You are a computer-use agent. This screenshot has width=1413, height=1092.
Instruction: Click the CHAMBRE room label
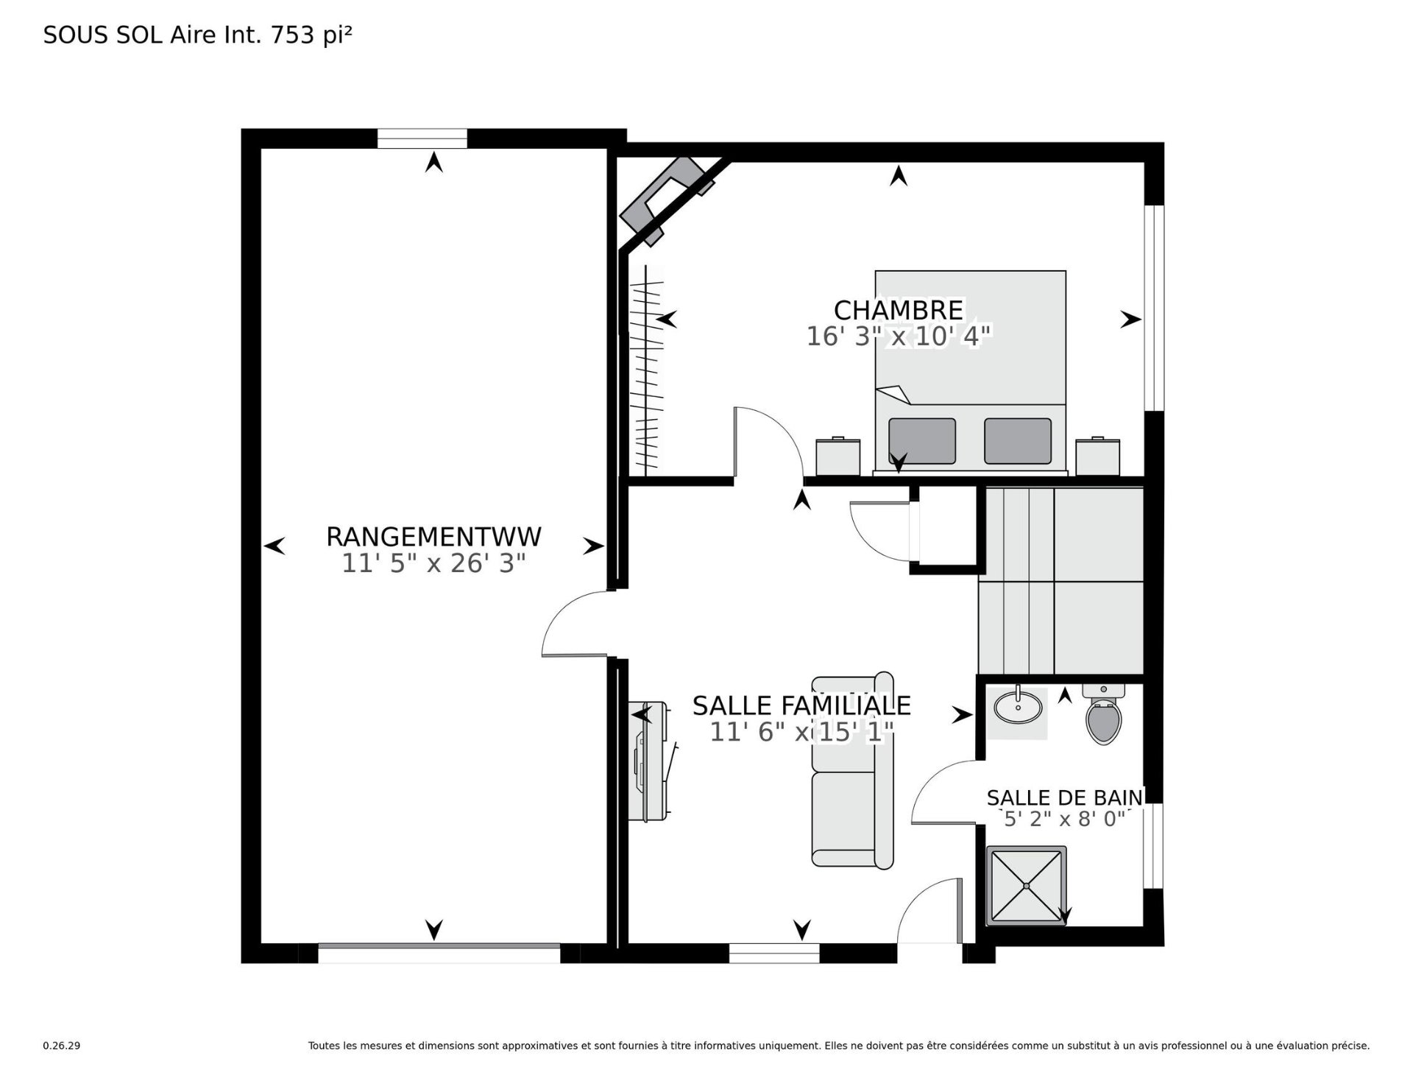click(898, 310)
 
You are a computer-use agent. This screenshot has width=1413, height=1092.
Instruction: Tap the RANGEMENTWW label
click(433, 537)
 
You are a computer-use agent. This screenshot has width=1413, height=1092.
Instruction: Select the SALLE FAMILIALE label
click(801, 705)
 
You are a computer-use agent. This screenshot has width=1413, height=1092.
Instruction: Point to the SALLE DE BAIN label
click(1064, 797)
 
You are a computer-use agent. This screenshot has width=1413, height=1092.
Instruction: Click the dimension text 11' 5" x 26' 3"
click(433, 564)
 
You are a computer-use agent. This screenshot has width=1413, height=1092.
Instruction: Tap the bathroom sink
click(1018, 708)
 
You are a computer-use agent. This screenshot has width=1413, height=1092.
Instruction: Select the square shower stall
click(1027, 885)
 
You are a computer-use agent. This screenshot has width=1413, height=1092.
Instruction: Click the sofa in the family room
click(852, 769)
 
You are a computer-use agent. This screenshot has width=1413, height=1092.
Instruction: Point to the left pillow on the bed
click(921, 441)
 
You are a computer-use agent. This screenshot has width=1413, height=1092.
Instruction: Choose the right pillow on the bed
click(1017, 441)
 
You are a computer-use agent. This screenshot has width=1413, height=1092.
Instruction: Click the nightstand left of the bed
click(837, 457)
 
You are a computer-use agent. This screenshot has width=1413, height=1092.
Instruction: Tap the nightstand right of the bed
click(1097, 457)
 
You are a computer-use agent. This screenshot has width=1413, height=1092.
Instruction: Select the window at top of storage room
click(422, 138)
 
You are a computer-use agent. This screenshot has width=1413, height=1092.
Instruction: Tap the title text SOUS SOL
click(103, 35)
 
